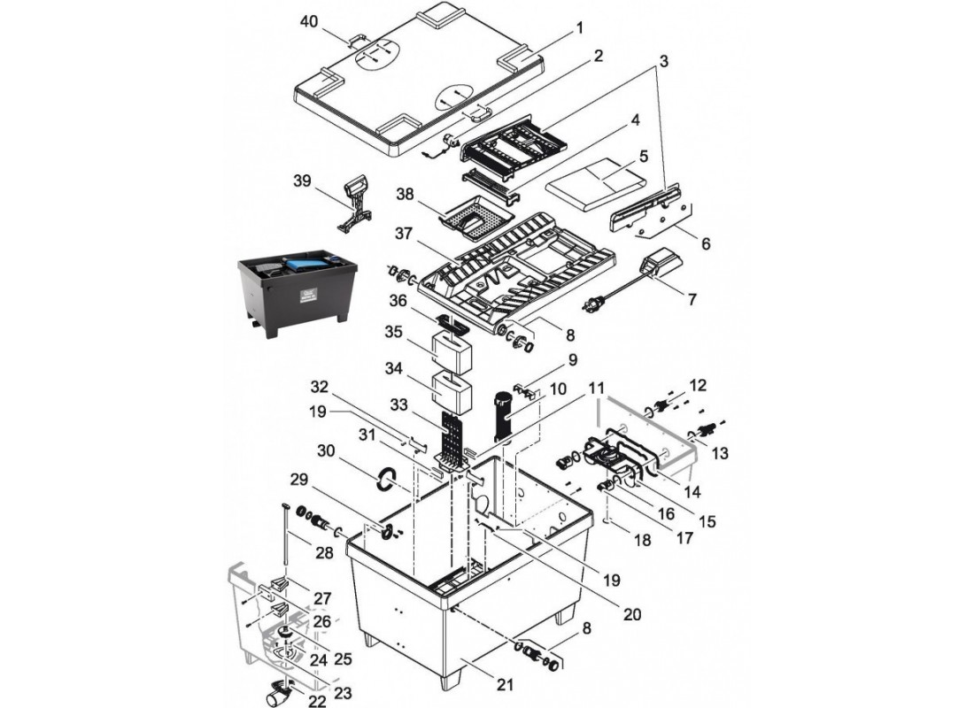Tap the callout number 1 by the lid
point(580,27)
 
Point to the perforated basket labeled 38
point(476,216)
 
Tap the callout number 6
point(705,242)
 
